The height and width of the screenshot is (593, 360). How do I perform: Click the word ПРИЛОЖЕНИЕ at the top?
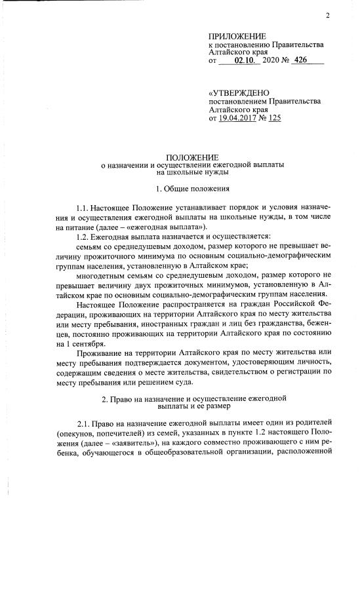(x=237, y=35)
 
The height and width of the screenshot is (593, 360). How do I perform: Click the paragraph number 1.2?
(x=82, y=236)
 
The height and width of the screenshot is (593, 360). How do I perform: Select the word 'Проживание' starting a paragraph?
(x=98, y=353)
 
